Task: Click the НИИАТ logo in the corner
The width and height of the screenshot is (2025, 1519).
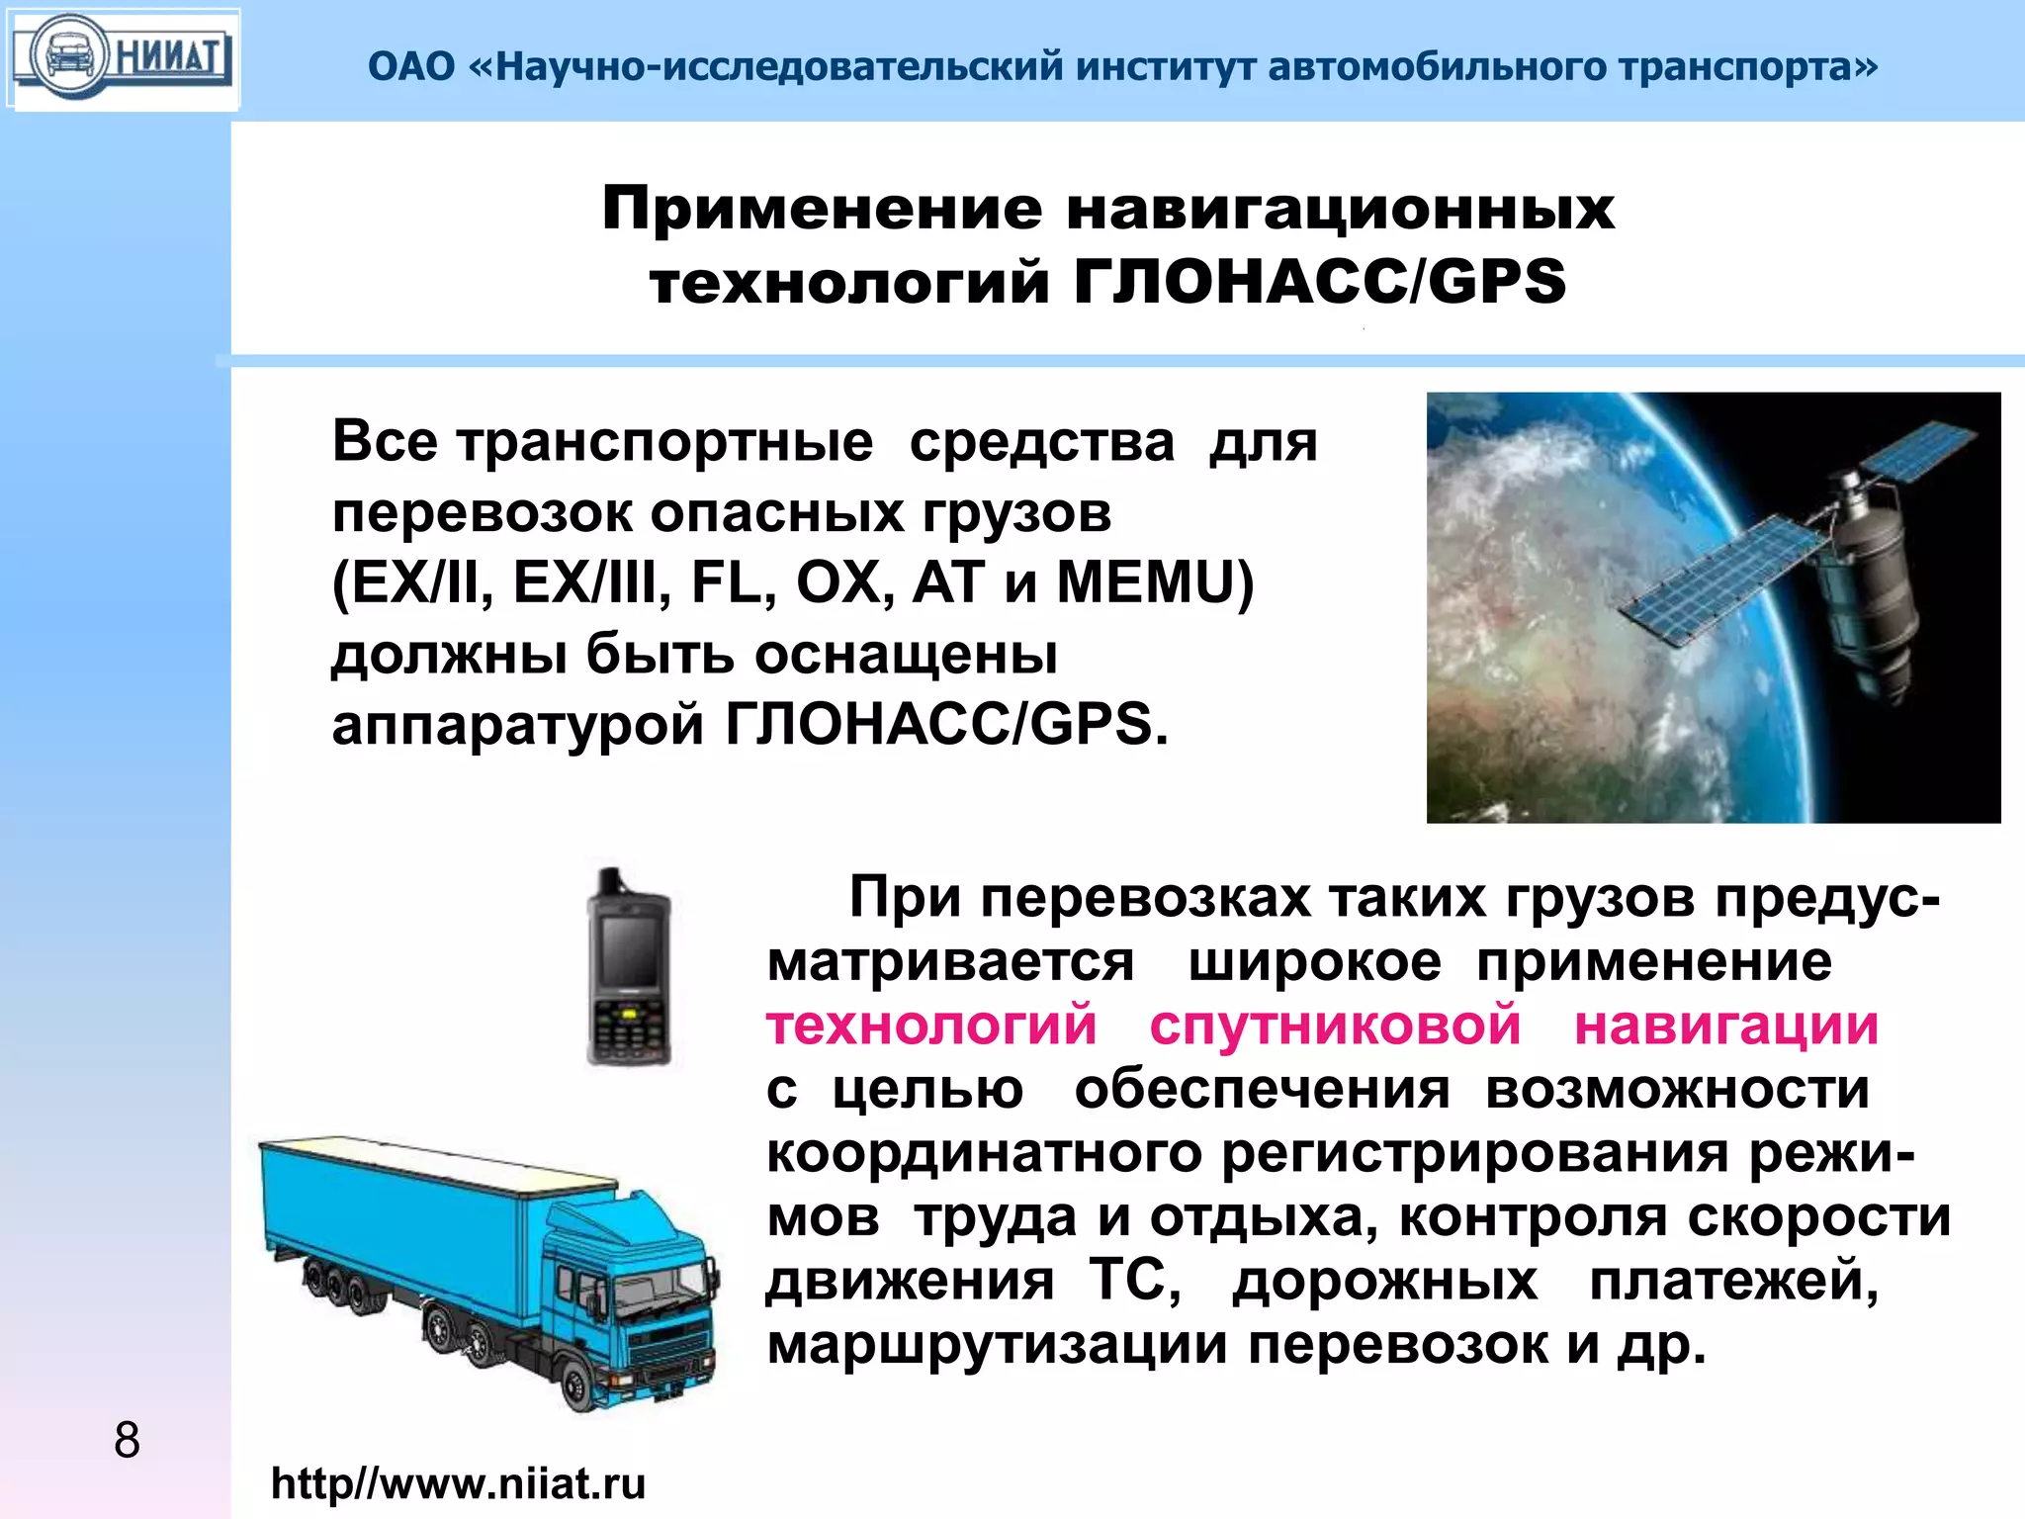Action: [123, 57]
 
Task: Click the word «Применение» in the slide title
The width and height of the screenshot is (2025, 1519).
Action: [822, 209]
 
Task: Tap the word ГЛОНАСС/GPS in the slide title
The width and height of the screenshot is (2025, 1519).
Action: [1320, 281]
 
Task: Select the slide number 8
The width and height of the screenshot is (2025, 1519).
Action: [127, 1440]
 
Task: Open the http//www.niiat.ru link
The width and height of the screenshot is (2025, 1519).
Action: [458, 1483]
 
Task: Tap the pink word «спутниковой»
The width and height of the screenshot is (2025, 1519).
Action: [1335, 1026]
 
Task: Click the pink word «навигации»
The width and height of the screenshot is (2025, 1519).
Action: [1726, 1026]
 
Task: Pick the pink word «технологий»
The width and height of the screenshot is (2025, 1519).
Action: [931, 1026]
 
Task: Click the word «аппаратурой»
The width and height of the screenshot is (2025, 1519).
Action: [519, 725]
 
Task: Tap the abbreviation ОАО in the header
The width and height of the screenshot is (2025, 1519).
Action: [411, 67]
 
